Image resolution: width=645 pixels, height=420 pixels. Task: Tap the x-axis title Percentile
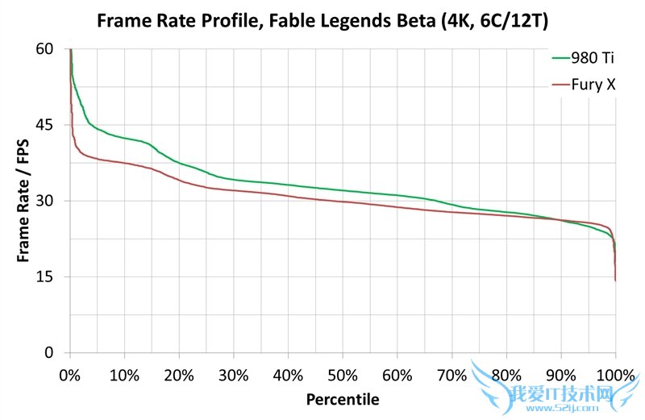click(x=343, y=399)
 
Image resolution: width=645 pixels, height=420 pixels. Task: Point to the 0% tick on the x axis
click(x=70, y=375)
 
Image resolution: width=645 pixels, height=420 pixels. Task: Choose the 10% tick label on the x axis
click(x=124, y=375)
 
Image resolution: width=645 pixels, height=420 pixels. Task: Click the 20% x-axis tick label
click(x=179, y=375)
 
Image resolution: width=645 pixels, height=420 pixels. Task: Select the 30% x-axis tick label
click(x=233, y=375)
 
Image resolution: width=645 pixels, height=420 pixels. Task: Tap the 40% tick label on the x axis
click(x=288, y=375)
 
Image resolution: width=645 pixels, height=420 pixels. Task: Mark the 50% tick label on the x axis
click(x=343, y=375)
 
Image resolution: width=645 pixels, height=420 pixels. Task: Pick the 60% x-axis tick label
click(x=397, y=375)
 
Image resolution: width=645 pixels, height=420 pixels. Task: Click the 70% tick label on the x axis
click(x=451, y=375)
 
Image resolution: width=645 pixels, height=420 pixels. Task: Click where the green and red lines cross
click(x=558, y=219)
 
